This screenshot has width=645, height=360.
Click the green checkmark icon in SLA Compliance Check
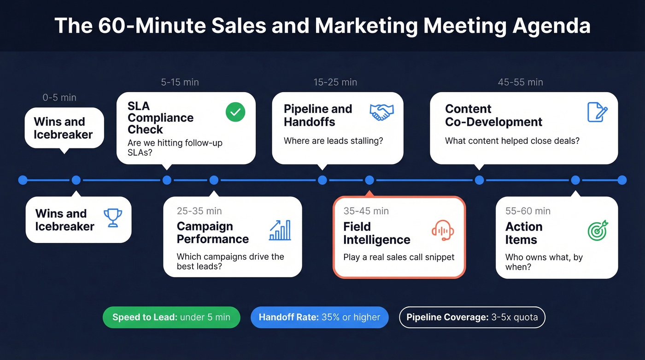[235, 112]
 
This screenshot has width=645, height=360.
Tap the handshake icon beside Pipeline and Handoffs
[381, 112]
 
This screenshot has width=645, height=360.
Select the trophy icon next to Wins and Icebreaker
[112, 218]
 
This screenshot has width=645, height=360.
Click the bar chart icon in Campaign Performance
[280, 230]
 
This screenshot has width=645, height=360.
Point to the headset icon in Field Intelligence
[443, 230]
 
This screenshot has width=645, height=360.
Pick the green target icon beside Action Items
[598, 230]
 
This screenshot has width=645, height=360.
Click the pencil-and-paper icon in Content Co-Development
[598, 112]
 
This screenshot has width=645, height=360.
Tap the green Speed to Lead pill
[171, 317]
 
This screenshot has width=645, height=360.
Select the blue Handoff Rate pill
[319, 317]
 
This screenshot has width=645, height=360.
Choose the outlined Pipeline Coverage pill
[472, 317]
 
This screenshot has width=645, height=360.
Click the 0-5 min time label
[59, 98]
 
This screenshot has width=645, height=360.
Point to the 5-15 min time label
[180, 83]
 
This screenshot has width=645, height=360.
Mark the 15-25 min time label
[335, 83]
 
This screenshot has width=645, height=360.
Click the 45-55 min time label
[520, 83]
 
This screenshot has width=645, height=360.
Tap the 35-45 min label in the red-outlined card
[366, 211]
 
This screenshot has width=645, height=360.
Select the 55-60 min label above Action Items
[528, 211]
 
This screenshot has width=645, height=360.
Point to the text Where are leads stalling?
[333, 141]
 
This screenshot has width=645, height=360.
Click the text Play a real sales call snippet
[399, 257]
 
